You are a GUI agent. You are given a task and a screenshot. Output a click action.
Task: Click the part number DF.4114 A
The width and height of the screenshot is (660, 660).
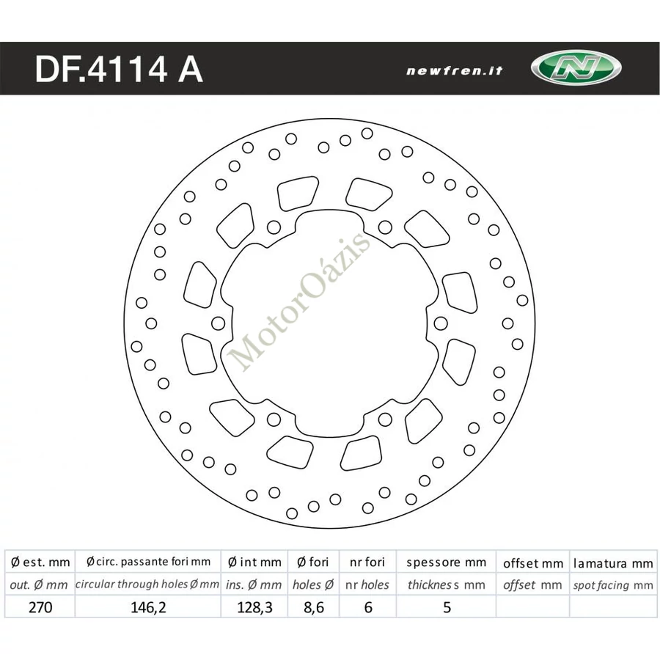coord(119,69)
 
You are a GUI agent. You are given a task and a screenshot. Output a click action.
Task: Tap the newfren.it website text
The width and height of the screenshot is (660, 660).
coord(455,70)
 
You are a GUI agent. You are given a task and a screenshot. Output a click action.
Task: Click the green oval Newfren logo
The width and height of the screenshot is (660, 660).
coord(576,67)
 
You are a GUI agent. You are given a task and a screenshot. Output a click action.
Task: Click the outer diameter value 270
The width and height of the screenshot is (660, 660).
coord(40,607)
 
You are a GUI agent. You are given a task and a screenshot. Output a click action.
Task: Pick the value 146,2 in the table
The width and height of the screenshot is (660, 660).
coord(148,607)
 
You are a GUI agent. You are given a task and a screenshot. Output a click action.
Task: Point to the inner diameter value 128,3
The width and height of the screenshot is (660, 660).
coord(254,607)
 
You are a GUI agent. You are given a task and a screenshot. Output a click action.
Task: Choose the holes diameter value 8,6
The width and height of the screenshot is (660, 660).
coord(314,607)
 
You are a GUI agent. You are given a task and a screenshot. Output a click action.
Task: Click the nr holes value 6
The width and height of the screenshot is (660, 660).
coord(368,607)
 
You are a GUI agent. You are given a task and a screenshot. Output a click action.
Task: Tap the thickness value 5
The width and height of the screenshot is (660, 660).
coord(447,607)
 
